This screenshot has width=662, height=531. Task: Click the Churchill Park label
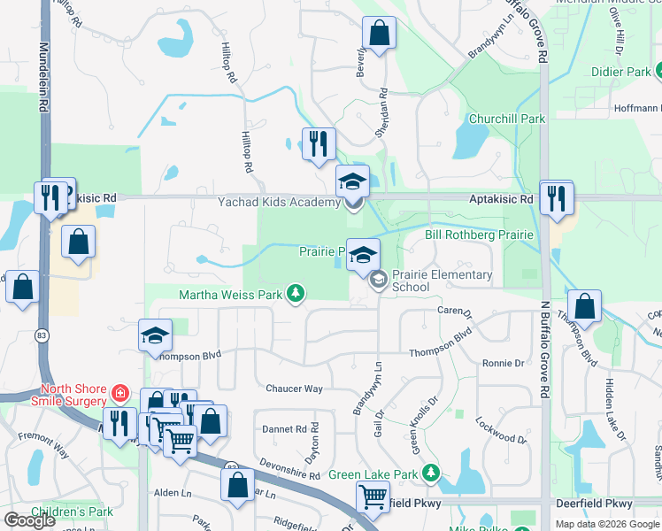[x=507, y=119]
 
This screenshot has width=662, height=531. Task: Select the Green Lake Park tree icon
[x=431, y=473]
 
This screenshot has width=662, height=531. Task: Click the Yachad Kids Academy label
[x=279, y=203]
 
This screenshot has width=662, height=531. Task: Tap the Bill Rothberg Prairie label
[x=479, y=235]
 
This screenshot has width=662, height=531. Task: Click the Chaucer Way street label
[x=295, y=389]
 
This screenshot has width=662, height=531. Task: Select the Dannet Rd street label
[x=284, y=428]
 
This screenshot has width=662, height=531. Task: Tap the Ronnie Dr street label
[x=503, y=363]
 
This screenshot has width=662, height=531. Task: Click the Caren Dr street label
[x=455, y=312]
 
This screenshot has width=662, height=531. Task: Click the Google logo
[x=29, y=520]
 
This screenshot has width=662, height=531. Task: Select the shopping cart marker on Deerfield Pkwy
[x=373, y=497]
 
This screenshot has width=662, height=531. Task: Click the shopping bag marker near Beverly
[x=379, y=33]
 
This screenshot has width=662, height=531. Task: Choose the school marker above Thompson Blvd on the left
[x=155, y=335]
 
